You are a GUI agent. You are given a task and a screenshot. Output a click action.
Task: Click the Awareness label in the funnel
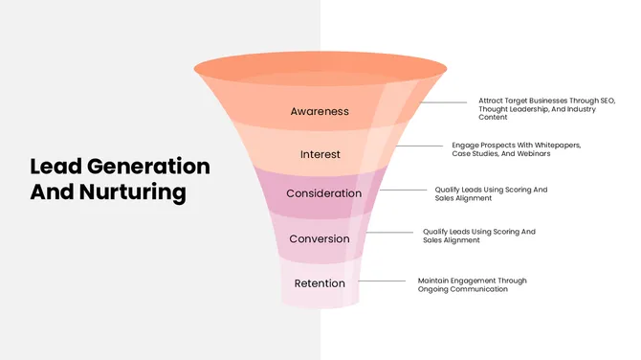(320, 111)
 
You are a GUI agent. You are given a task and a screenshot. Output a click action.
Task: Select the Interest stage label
(320, 154)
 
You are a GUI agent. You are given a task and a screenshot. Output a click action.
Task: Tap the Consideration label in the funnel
(324, 193)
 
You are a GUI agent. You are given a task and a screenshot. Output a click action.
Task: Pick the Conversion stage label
(320, 238)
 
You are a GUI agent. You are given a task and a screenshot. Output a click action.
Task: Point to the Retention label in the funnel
(320, 283)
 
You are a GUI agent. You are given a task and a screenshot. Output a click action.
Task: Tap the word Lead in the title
(52, 166)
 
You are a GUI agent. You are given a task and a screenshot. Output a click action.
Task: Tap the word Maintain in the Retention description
(433, 281)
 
